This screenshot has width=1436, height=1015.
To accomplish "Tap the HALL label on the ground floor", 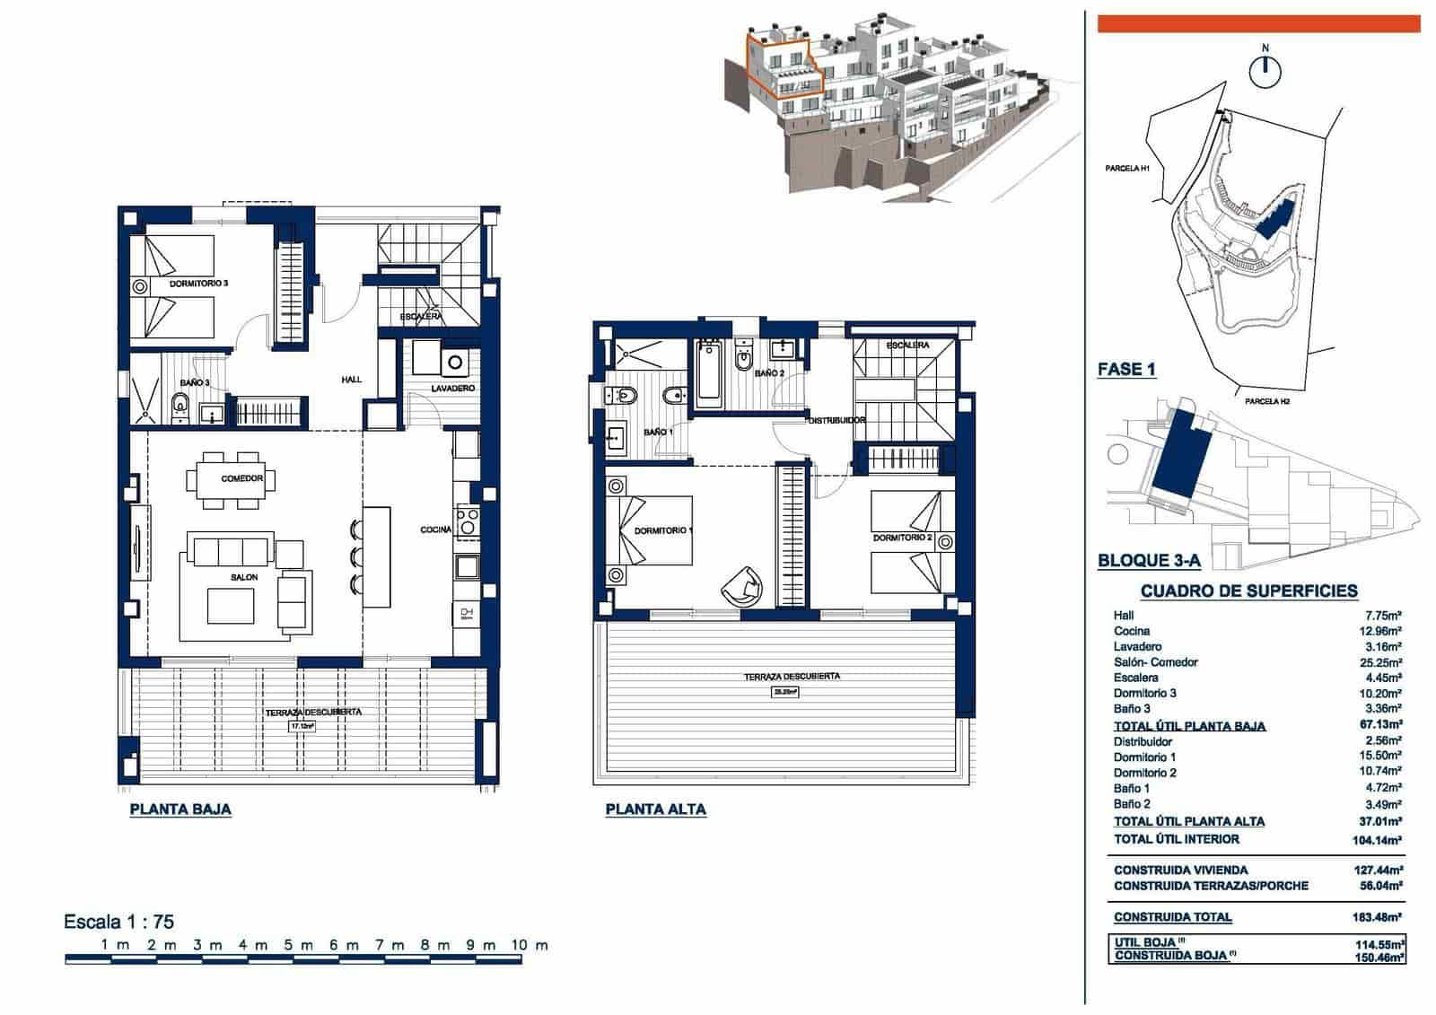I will pyautogui.click(x=351, y=380).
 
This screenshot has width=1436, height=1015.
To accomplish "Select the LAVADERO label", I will pyautogui.click(x=452, y=389).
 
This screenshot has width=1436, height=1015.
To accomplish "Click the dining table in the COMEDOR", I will pyautogui.click(x=241, y=480).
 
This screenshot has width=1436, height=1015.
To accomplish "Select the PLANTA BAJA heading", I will pyautogui.click(x=180, y=809).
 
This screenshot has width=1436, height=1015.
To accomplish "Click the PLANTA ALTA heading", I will pyautogui.click(x=655, y=809).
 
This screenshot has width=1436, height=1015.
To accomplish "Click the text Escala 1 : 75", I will pyautogui.click(x=118, y=922).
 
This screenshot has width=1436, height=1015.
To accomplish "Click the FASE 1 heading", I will pyautogui.click(x=1126, y=370).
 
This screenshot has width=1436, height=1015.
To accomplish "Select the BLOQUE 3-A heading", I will pyautogui.click(x=1149, y=562).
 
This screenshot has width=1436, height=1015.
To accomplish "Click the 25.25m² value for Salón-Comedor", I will pyautogui.click(x=1383, y=662).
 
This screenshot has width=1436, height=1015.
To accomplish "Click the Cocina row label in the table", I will pyautogui.click(x=1132, y=631).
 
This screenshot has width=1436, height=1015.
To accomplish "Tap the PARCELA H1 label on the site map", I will pyautogui.click(x=1127, y=168).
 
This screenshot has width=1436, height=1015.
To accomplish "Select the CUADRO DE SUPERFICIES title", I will pyautogui.click(x=1248, y=591).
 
